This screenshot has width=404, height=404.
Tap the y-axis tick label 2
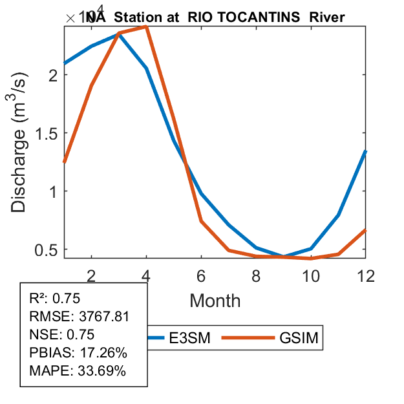click(x=53, y=74)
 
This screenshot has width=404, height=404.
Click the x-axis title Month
click(x=215, y=301)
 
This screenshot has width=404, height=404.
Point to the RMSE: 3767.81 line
click(x=80, y=317)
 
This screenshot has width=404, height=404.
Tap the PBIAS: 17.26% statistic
click(x=78, y=353)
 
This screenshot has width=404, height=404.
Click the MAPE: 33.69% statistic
click(x=78, y=371)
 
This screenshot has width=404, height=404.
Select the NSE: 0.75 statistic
click(x=62, y=335)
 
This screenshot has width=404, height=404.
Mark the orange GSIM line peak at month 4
click(x=147, y=27)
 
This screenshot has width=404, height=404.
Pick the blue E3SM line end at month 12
click(x=366, y=151)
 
